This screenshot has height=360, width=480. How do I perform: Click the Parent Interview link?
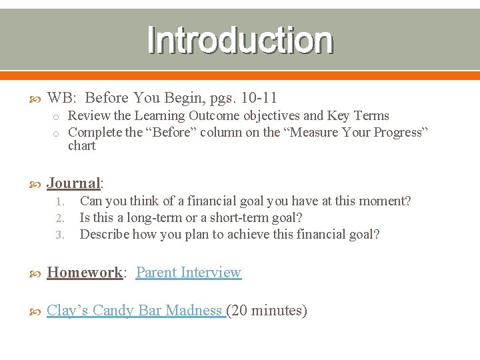(188, 273)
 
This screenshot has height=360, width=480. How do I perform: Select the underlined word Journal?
(73, 183)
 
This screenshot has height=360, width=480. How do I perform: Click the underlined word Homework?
(85, 273)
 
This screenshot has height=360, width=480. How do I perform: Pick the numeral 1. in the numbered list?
(59, 201)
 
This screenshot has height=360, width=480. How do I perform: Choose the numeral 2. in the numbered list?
(59, 218)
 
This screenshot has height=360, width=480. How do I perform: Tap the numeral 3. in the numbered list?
(59, 235)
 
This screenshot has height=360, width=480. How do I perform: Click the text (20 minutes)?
(267, 311)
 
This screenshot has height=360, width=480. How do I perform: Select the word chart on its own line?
(82, 145)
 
